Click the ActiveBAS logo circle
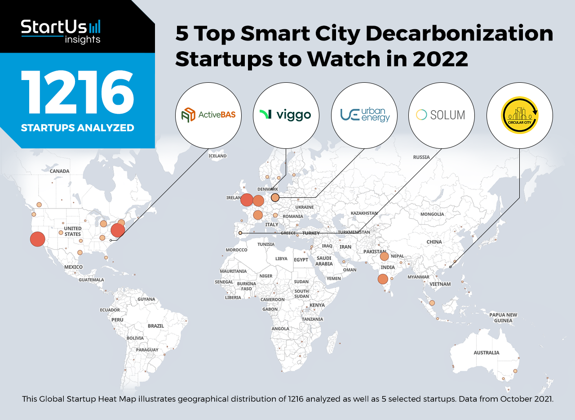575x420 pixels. pos(209,115)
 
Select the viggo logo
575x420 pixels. pos(287,115)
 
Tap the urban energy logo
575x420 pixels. pos(364,115)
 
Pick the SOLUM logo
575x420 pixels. pos(442,115)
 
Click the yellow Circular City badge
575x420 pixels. pos(520,115)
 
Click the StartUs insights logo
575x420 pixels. pos(61,31)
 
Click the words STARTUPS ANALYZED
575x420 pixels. pos(77,128)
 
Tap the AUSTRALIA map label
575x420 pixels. pos(487,353)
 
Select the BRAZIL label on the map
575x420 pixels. pos(156,326)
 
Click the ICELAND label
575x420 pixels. pos(218,156)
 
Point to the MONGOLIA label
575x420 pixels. pos(432,214)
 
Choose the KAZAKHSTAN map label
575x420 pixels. pos(364,213)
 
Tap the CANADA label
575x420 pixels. pos(60,171)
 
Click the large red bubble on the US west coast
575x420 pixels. pos(38,239)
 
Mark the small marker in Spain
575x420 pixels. pos(240,233)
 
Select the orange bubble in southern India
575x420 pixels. pos(383,279)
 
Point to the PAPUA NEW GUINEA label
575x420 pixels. pos(503,317)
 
